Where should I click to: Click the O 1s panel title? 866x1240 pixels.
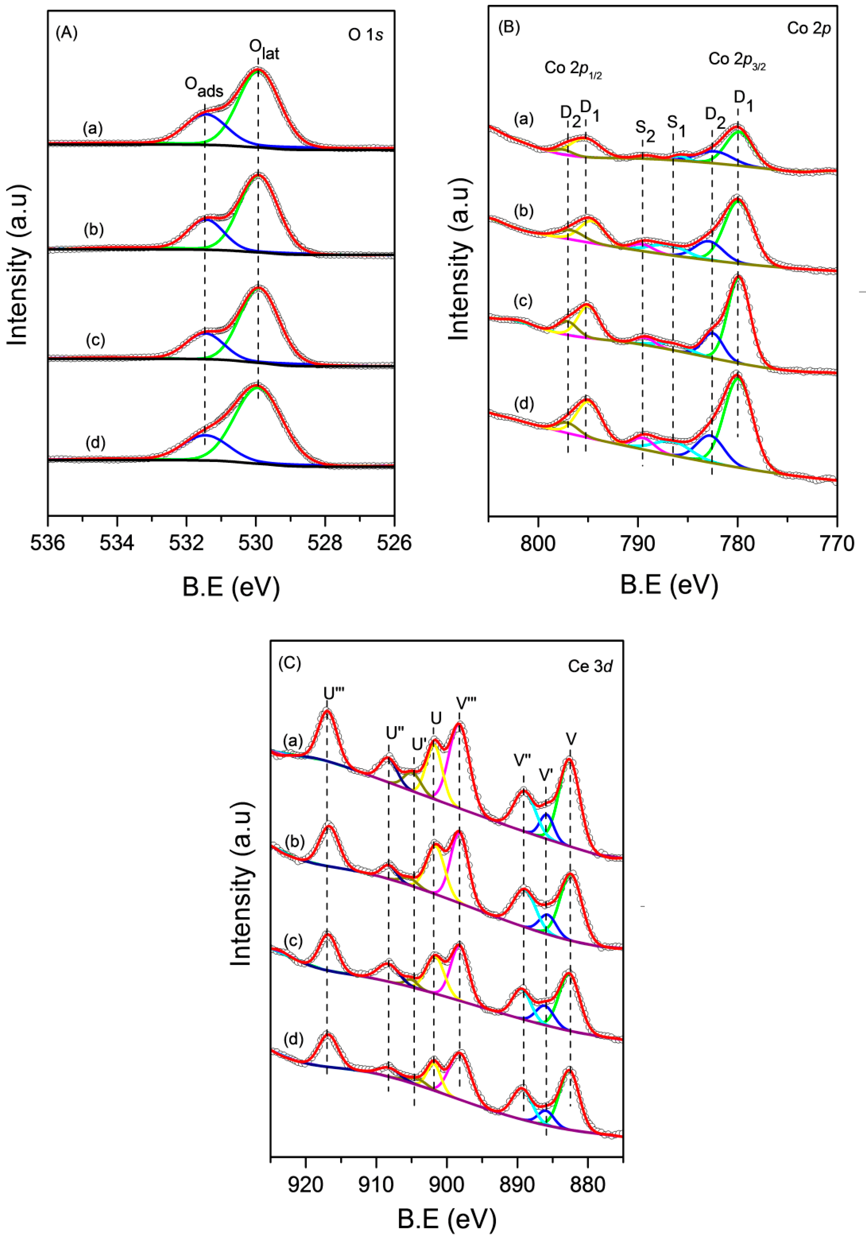click(366, 35)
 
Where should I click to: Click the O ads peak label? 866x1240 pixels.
click(204, 86)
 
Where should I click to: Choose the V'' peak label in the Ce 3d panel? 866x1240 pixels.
click(523, 761)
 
